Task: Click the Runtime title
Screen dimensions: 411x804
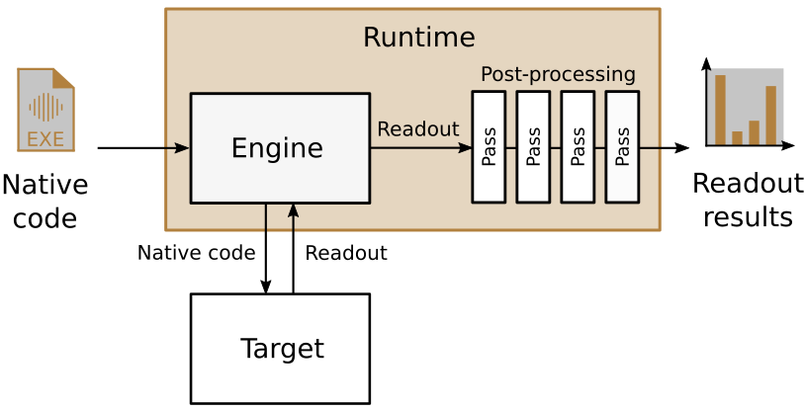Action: point(418,38)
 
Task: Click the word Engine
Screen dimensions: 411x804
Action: point(277,148)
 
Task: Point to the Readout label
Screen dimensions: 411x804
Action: point(417,129)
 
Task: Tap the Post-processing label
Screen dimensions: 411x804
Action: point(558,74)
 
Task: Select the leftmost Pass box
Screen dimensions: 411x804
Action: point(489,147)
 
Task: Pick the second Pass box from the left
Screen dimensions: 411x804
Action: point(533,147)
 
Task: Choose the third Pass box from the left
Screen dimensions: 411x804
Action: point(578,147)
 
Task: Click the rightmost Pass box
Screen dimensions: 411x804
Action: point(622,147)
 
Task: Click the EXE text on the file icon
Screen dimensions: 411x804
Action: point(45,139)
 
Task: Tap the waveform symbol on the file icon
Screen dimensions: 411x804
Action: point(45,107)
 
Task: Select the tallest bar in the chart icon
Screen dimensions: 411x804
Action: point(720,109)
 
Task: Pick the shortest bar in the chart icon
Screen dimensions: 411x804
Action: point(737,137)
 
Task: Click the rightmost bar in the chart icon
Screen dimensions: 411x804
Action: point(771,115)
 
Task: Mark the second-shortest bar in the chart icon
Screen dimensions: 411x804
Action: point(755,132)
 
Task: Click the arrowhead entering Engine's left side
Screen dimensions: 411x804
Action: point(182,148)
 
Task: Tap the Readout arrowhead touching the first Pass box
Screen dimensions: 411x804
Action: point(465,148)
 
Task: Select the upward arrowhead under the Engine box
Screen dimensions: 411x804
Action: point(293,210)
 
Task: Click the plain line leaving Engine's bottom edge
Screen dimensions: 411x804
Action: point(265,218)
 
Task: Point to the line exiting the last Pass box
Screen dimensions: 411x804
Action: point(650,148)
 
